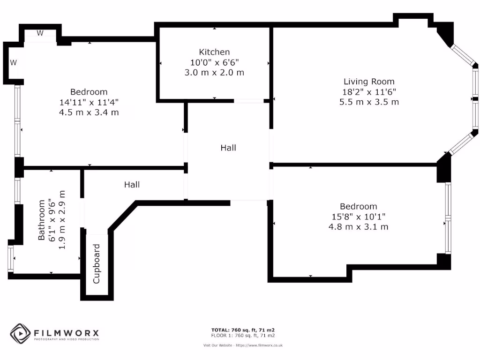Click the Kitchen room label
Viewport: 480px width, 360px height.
(214, 52)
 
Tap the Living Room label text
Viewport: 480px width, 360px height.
(369, 82)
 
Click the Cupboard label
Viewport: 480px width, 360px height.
(97, 264)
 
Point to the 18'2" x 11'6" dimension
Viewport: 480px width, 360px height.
(369, 92)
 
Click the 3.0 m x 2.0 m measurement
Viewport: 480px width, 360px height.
(214, 73)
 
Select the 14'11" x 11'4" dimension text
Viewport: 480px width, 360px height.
(89, 102)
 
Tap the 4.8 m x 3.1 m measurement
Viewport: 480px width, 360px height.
(358, 227)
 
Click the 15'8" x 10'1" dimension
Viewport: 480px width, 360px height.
(358, 217)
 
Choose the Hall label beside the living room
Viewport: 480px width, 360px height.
(228, 148)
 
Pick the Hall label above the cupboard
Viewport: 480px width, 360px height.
(132, 185)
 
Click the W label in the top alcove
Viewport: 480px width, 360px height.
(40, 33)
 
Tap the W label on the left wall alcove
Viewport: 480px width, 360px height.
(14, 62)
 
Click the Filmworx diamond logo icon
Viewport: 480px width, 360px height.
(21, 334)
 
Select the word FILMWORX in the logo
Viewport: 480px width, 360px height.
(66, 333)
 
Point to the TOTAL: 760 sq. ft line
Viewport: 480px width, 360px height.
(243, 330)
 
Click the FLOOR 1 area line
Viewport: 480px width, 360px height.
(243, 336)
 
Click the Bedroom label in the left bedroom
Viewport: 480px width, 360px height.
(89, 92)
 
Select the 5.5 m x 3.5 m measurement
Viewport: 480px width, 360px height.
(369, 102)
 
